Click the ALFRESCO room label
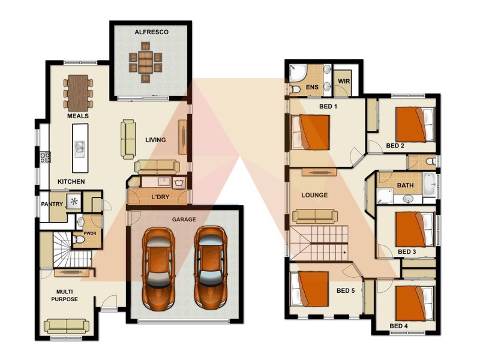tap(151, 32)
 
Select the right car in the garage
tap(209, 266)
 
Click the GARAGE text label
tap(184, 220)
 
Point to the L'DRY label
tap(159, 197)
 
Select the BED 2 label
tap(395, 146)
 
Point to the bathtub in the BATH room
tap(428, 184)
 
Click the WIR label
tap(344, 81)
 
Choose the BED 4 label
tap(398, 326)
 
